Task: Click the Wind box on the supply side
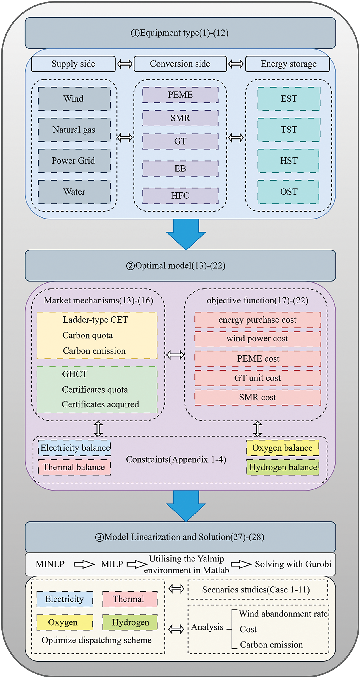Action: click(74, 99)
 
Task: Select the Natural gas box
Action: click(74, 130)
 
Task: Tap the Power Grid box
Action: click(74, 161)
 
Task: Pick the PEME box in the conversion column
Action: click(180, 95)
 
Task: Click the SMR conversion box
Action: click(180, 118)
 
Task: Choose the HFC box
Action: click(180, 196)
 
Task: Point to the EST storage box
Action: click(289, 99)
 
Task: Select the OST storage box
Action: click(289, 192)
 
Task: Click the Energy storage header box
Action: click(288, 64)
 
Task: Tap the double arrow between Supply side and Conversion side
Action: click(125, 64)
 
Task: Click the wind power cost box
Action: click(257, 339)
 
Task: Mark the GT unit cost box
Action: click(257, 378)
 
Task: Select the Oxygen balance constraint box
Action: click(283, 448)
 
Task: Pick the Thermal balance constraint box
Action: click(74, 467)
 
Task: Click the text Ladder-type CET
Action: click(95, 320)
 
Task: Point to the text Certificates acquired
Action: click(100, 404)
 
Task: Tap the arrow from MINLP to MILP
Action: click(84, 564)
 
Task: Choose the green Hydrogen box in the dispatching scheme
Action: click(130, 622)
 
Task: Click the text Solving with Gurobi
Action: click(293, 564)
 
